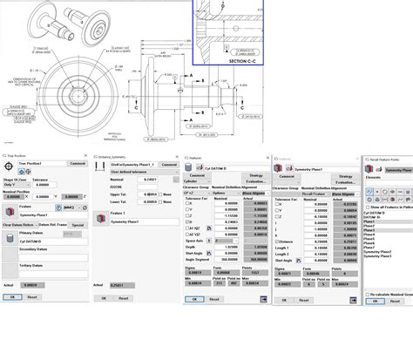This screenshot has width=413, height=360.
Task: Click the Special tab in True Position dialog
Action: tap(78, 226)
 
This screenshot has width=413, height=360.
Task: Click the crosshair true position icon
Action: tap(10, 163)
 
